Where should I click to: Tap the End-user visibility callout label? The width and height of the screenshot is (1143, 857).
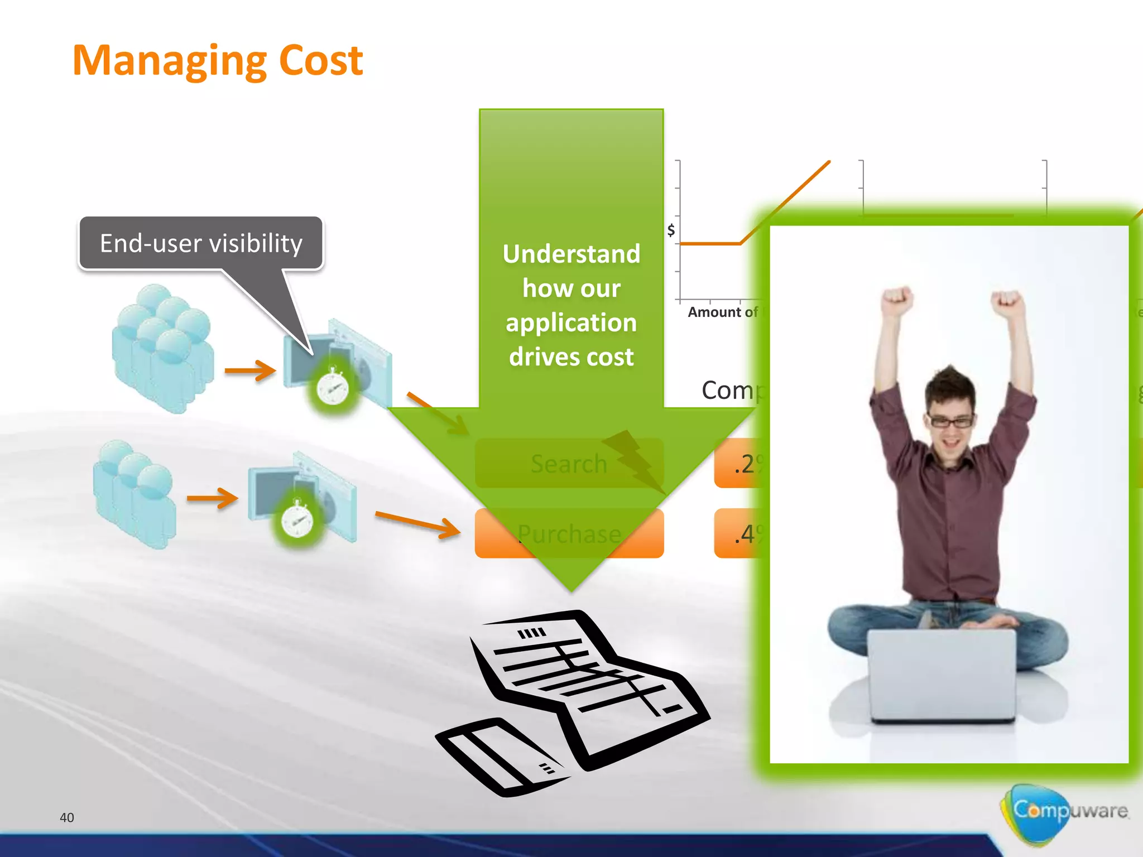201,244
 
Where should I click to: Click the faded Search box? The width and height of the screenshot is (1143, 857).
569,464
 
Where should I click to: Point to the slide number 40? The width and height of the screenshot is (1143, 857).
66,817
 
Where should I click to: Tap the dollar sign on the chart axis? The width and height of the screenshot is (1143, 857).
671,229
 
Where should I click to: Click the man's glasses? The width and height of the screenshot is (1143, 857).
950,421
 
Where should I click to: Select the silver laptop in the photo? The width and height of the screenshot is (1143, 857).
942,675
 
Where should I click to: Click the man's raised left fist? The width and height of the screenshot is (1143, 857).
897,301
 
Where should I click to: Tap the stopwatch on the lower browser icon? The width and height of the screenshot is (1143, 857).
297,521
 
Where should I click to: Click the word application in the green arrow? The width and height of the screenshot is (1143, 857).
571,322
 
